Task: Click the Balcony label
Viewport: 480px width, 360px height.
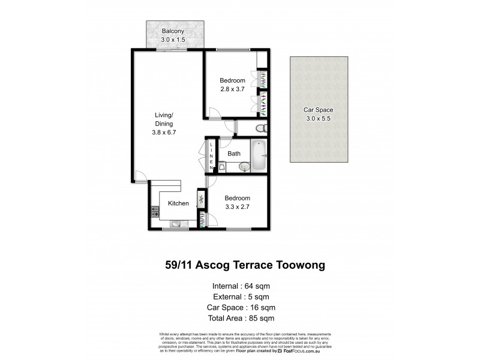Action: [x=172, y=31]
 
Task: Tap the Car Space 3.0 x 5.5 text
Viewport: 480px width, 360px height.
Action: [x=318, y=115]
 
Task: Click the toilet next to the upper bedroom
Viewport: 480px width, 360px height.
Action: [x=260, y=128]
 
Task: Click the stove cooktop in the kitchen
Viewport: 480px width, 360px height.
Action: [x=155, y=211]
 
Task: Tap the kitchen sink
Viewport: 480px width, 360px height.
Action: [x=175, y=225]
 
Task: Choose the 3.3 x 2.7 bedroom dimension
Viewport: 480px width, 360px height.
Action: [x=237, y=207]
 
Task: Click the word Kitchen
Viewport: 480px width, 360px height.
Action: [x=178, y=203]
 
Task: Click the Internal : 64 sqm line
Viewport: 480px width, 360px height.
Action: [x=241, y=285]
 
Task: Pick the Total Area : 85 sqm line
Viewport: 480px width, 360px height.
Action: [x=241, y=318]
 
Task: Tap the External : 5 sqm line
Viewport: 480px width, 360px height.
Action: [x=241, y=296]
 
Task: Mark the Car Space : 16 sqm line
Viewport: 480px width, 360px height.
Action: [x=241, y=307]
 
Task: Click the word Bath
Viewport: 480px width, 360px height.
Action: [x=234, y=154]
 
